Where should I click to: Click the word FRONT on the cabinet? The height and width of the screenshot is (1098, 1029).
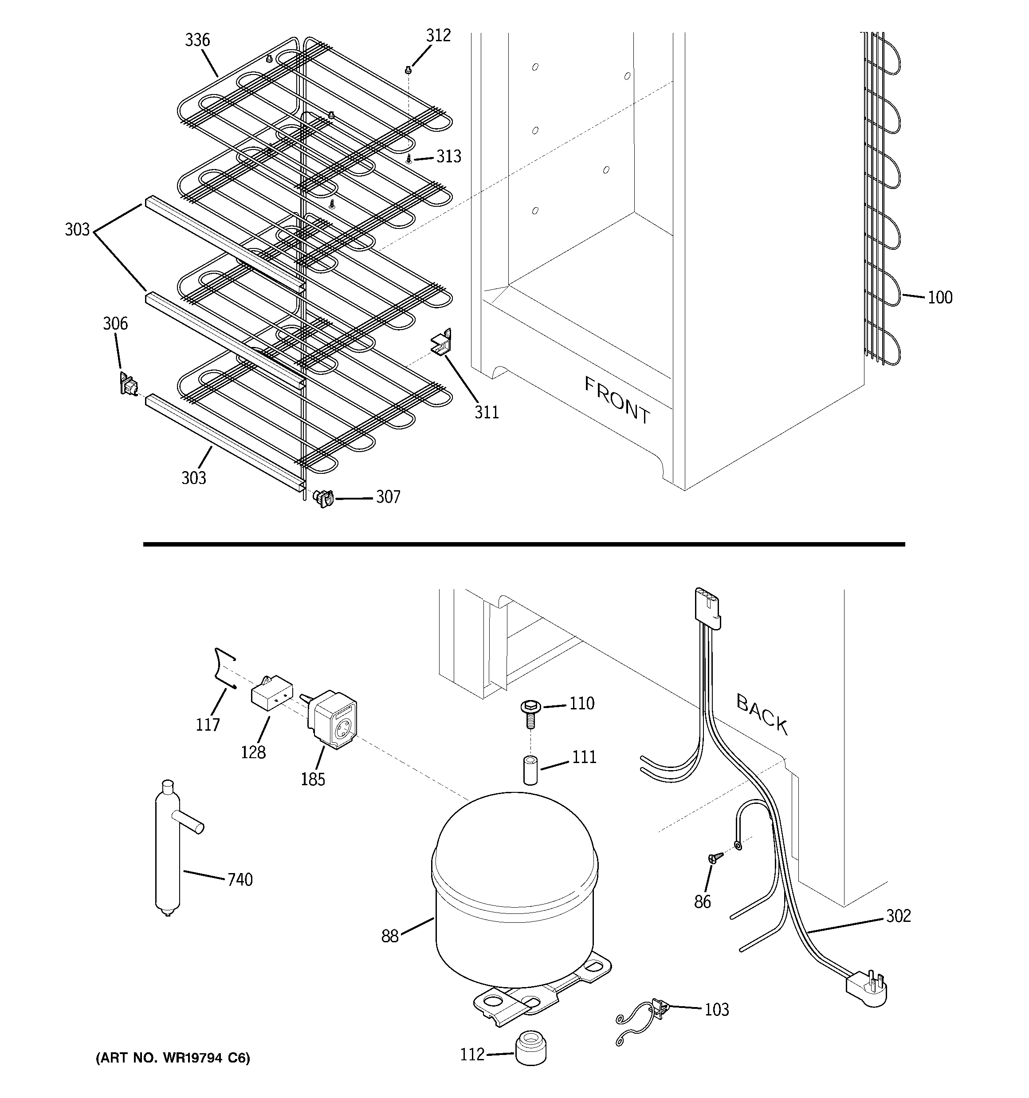[617, 400]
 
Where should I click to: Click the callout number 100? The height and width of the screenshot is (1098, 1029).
[939, 298]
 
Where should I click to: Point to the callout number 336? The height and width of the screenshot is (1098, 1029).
[197, 40]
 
